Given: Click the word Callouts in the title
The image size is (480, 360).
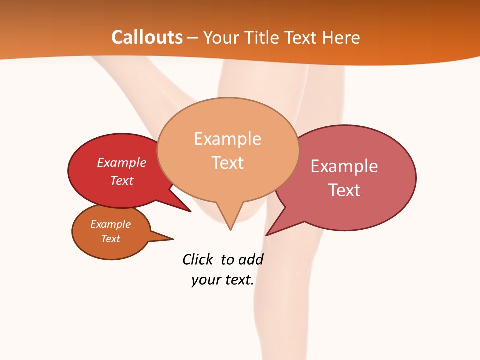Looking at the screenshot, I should click(147, 37).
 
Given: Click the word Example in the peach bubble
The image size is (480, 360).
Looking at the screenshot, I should click(227, 139).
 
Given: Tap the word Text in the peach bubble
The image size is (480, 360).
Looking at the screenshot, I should click(228, 163).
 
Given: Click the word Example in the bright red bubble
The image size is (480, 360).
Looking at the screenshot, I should click(122, 162).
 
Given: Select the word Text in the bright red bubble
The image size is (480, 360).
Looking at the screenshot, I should click(122, 180).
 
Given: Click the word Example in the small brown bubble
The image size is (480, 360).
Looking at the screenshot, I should click(110, 224).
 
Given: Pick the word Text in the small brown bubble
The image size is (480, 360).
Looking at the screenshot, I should click(110, 239).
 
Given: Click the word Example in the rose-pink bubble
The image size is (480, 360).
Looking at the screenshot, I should click(344, 166).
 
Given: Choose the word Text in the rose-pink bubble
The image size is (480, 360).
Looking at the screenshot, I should click(344, 190).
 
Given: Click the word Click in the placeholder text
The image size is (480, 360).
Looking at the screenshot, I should click(198, 259).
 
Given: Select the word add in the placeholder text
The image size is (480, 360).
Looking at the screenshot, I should click(251, 259).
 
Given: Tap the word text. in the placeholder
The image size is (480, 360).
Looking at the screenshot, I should click(238, 280).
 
